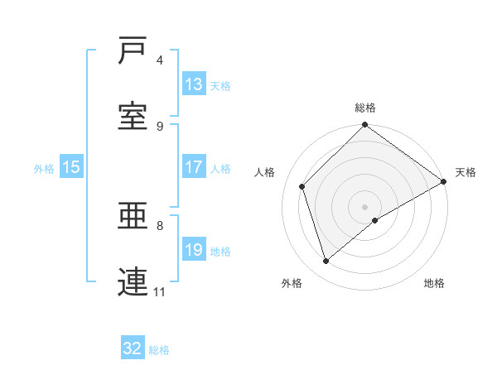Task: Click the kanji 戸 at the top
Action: [133, 52]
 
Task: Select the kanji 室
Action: [133, 117]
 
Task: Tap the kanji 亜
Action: [133, 217]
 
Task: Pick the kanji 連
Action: [133, 282]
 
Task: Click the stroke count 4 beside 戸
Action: [159, 60]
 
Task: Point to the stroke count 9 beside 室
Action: [159, 126]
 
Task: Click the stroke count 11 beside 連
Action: [160, 291]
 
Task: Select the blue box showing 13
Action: [194, 84]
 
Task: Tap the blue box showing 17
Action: [194, 167]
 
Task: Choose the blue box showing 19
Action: [194, 250]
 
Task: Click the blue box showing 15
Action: [71, 167]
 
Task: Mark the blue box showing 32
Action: [133, 348]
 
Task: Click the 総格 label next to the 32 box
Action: [159, 350]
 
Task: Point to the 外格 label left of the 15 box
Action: [44, 168]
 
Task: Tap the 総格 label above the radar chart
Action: [365, 108]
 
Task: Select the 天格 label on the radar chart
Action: [466, 172]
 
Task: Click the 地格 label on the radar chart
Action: [434, 283]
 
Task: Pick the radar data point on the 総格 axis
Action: [364, 126]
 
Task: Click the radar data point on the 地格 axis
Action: [375, 220]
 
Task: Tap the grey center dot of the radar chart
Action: [364, 206]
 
